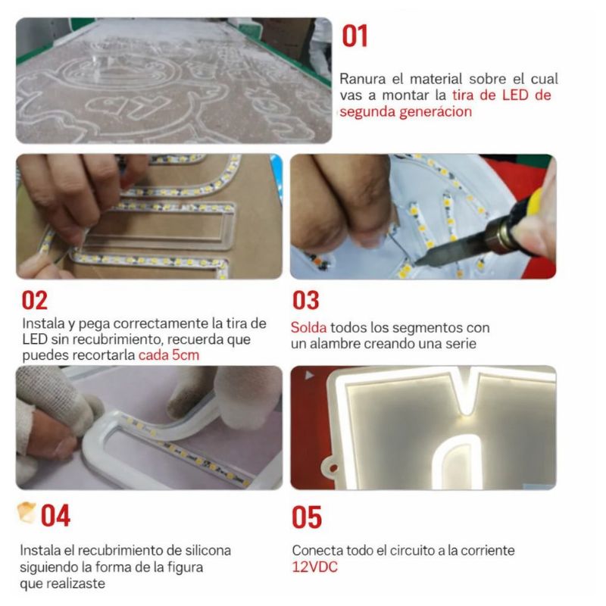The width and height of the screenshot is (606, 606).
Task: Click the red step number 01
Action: [355, 36]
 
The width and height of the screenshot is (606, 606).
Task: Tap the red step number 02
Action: [34, 300]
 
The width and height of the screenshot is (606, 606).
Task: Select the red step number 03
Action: [306, 300]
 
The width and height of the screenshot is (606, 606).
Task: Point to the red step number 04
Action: [55, 516]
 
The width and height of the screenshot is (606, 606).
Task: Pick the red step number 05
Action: [307, 517]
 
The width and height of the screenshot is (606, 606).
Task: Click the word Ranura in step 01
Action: [363, 80]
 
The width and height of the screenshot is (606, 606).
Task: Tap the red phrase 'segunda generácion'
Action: [406, 111]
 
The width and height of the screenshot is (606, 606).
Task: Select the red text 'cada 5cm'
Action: [169, 355]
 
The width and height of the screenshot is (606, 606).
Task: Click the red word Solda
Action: [308, 328]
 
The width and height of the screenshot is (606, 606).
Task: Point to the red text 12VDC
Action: [314, 567]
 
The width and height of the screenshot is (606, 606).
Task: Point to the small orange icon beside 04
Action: [27, 512]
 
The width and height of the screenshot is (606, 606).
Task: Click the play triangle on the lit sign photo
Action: [309, 375]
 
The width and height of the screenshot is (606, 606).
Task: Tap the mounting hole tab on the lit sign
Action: [331, 467]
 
